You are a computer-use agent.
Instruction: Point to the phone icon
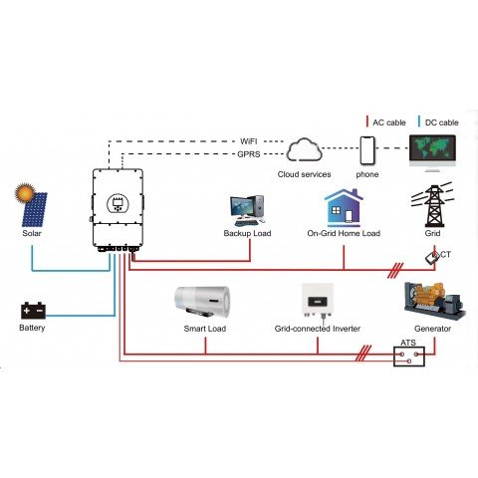coord(367,151)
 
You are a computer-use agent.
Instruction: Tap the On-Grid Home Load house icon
coord(343,208)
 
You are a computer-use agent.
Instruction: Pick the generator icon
coord(427,302)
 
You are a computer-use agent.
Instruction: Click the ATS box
coord(408,355)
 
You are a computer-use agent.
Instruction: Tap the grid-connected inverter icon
coord(316,301)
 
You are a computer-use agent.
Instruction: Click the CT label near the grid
coord(444,254)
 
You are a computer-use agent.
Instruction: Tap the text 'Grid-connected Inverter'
coord(318,328)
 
